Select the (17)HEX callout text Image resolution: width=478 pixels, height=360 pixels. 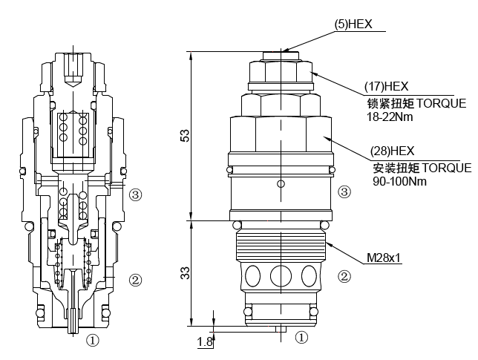pyautogui.click(x=386, y=86)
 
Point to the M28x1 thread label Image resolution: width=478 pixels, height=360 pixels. pyautogui.click(x=384, y=259)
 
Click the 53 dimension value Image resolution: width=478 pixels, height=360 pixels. pyautogui.click(x=185, y=135)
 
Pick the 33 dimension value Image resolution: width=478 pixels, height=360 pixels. pyautogui.click(x=185, y=273)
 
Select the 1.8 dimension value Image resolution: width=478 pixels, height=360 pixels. pyautogui.click(x=204, y=341)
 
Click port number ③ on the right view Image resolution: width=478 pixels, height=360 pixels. pyautogui.click(x=344, y=192)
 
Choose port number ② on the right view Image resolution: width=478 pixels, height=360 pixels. pyautogui.click(x=344, y=277)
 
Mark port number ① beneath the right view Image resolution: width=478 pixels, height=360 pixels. pyautogui.click(x=301, y=337)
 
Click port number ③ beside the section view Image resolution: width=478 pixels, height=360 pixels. pyautogui.click(x=135, y=195)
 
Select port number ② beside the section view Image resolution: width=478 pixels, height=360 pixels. pyautogui.click(x=135, y=280)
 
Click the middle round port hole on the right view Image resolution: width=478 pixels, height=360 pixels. pyautogui.click(x=281, y=276)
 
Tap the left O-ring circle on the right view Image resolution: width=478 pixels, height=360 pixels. pyautogui.click(x=236, y=226)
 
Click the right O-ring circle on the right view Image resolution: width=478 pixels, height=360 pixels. pyautogui.click(x=324, y=226)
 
